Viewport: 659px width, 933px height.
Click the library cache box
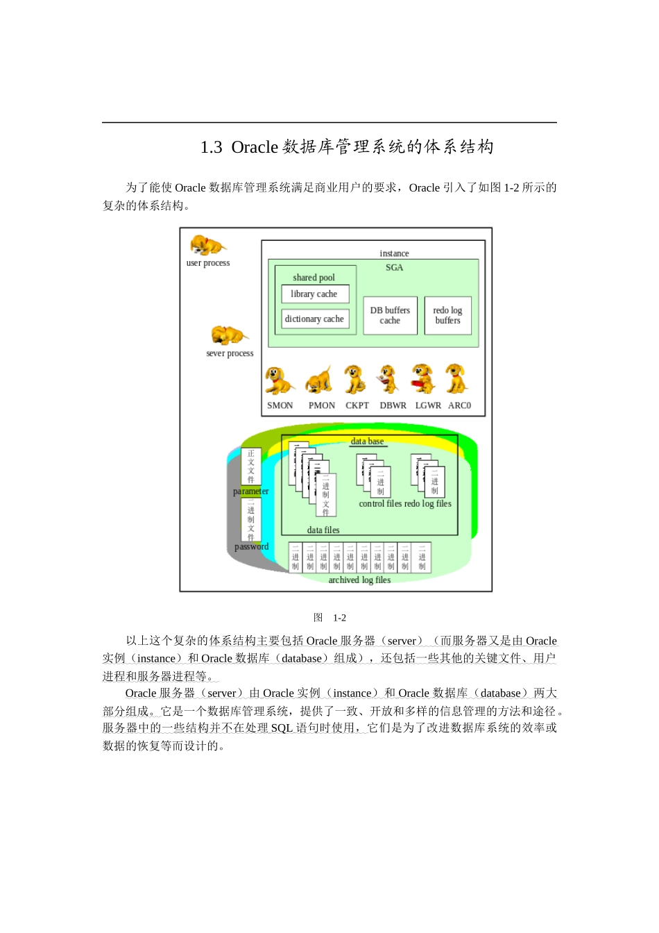[314, 294]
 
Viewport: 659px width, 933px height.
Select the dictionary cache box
[314, 319]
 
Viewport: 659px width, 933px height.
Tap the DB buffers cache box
[390, 316]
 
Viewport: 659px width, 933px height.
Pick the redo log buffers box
[447, 316]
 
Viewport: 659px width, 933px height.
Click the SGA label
[394, 268]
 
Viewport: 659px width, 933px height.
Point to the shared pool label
[314, 278]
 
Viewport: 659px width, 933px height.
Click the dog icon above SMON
[279, 380]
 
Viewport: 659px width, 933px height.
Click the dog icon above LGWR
[422, 379]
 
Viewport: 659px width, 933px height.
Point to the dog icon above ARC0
[456, 379]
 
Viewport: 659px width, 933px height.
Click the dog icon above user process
[207, 246]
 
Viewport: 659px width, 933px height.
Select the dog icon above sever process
[229, 336]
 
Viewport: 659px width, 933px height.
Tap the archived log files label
[359, 580]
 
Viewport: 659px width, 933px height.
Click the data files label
[323, 530]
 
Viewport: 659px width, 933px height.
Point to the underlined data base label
[367, 442]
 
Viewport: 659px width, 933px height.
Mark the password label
[251, 547]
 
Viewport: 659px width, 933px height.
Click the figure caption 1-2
[330, 618]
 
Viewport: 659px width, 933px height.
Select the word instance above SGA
[394, 254]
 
